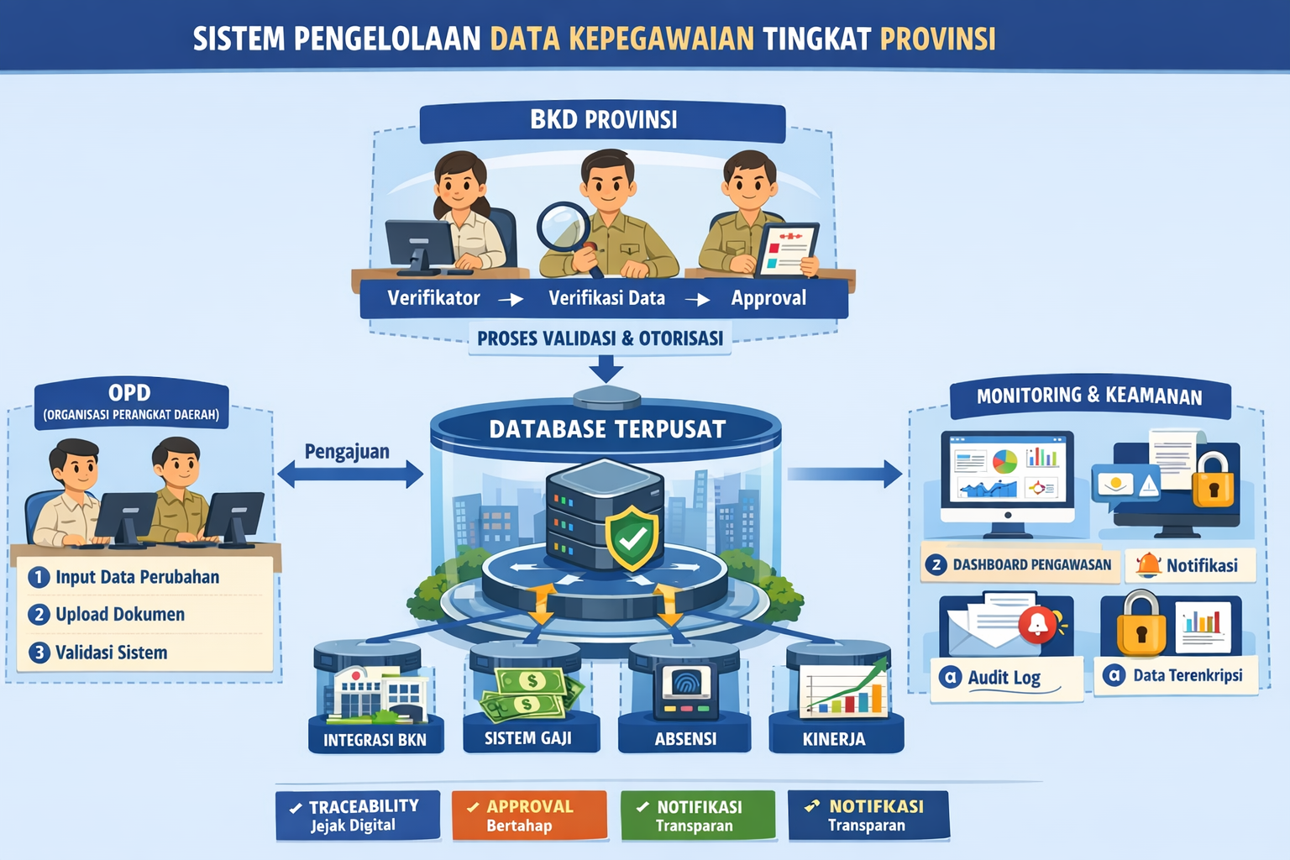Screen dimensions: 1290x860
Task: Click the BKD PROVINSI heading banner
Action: (602, 122)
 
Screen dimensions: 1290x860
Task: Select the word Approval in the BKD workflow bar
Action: (768, 298)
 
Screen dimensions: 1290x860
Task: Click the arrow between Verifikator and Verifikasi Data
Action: (511, 300)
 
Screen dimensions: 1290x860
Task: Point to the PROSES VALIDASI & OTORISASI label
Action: (600, 338)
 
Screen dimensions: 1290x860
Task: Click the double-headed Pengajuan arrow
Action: (350, 474)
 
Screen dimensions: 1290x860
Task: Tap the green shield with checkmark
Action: (632, 538)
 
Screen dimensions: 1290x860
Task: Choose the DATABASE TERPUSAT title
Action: (607, 430)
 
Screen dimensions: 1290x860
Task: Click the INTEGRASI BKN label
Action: (375, 740)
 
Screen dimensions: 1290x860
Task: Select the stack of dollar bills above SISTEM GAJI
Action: (531, 694)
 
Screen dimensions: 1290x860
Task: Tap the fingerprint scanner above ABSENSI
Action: (685, 690)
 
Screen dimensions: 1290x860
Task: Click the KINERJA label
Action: (834, 739)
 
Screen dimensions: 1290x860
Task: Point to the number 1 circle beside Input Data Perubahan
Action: (39, 577)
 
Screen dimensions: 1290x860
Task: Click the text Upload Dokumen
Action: (120, 615)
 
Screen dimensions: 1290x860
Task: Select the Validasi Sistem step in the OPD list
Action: (98, 653)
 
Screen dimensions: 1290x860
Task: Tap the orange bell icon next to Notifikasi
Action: (1148, 565)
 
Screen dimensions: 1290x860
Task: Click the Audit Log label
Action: (1004, 678)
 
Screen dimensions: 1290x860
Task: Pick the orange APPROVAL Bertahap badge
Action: (529, 815)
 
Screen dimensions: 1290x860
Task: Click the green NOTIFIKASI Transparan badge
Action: (698, 815)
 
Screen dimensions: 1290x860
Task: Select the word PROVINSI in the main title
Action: (938, 39)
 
